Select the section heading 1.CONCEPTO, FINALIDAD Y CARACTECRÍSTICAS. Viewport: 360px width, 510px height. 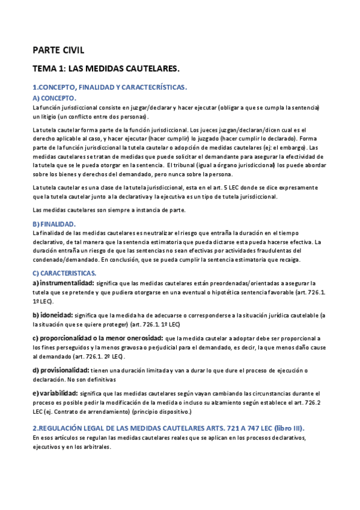point(110,87)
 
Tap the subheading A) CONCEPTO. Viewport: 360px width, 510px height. point(54,97)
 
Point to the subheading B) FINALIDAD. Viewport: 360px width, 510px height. point(54,224)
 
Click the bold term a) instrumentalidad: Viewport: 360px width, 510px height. point(63,283)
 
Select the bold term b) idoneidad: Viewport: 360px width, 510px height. point(52,315)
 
